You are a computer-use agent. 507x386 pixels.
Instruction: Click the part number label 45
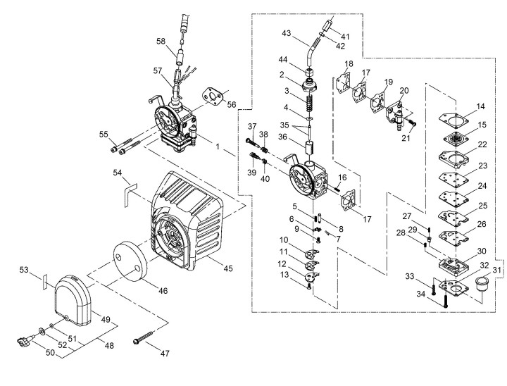[x=228, y=268]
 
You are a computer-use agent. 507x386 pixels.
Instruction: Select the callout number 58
[x=161, y=42]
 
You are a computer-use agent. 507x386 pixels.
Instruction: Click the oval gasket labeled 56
[x=213, y=96]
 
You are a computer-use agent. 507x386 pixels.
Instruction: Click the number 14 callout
[x=481, y=106]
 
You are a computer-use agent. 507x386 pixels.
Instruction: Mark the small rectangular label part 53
[x=45, y=282]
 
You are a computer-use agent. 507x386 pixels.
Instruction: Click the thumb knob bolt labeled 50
[x=25, y=341]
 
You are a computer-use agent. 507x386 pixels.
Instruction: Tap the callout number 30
[x=482, y=251]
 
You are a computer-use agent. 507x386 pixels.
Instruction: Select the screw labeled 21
[x=412, y=123]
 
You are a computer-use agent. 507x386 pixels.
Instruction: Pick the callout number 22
[x=482, y=144]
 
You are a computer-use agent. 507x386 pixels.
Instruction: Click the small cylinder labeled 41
[x=327, y=25]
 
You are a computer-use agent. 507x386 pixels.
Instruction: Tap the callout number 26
[x=482, y=224]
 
